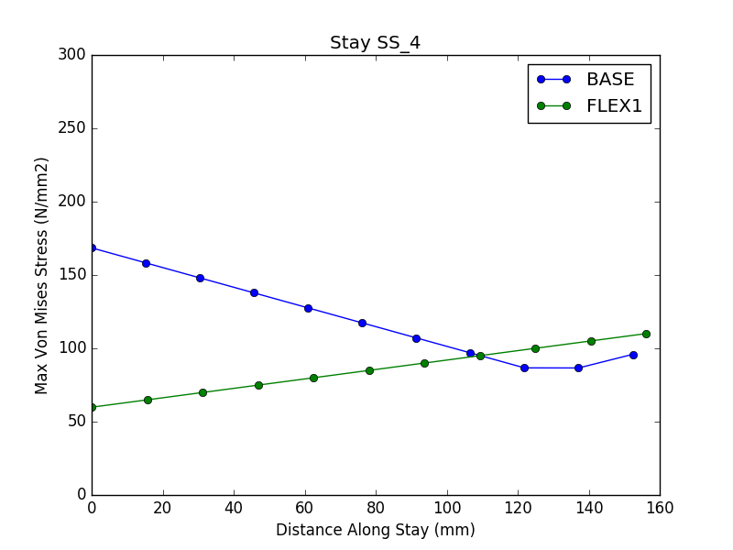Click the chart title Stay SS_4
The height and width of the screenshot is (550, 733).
pyautogui.click(x=375, y=43)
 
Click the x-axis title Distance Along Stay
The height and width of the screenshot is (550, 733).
pyautogui.click(x=375, y=530)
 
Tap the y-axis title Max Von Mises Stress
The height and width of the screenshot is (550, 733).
pyautogui.click(x=42, y=275)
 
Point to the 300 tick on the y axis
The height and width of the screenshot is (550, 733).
pyautogui.click(x=72, y=55)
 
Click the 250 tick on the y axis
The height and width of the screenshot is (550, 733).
pyautogui.click(x=72, y=128)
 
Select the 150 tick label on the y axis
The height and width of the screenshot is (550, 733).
pyautogui.click(x=72, y=275)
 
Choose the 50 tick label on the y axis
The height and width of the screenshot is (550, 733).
pyautogui.click(x=76, y=422)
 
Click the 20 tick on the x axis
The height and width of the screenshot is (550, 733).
pyautogui.click(x=163, y=508)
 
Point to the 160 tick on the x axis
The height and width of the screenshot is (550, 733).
pyautogui.click(x=660, y=508)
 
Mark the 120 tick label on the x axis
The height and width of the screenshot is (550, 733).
pyautogui.click(x=518, y=508)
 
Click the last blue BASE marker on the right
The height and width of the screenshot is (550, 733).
pyautogui.click(x=633, y=355)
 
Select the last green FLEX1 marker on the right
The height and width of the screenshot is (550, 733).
pyautogui.click(x=646, y=334)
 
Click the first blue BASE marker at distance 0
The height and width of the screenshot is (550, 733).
pyautogui.click(x=92, y=247)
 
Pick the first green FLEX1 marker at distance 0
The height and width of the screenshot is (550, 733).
pyautogui.click(x=92, y=407)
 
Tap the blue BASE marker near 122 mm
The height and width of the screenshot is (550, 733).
pyautogui.click(x=524, y=368)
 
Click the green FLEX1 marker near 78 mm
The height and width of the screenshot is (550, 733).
pyautogui.click(x=369, y=370)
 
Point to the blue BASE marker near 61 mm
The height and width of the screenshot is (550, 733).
pyautogui.click(x=308, y=308)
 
